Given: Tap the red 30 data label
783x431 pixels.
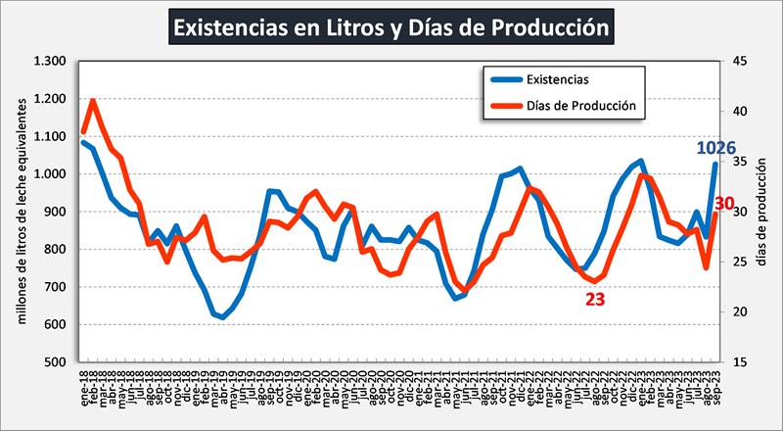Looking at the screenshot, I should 723,204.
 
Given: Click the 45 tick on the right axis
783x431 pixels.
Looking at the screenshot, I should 739,61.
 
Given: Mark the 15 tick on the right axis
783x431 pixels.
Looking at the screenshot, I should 739,362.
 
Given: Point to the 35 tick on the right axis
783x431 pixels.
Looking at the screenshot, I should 739,162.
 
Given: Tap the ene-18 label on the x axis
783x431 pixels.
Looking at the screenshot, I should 83,387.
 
